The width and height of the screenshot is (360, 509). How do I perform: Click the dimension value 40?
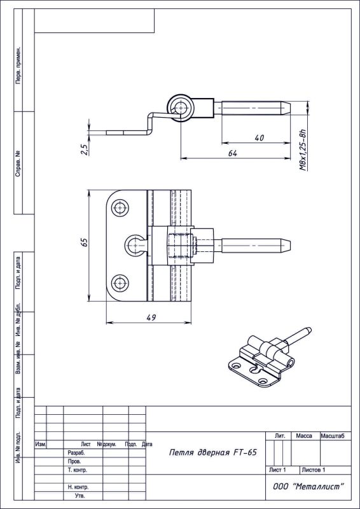tap(260, 138)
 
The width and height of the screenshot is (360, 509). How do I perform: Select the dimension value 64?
tap(232, 153)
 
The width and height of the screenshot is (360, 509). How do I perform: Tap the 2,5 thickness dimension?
tap(85, 150)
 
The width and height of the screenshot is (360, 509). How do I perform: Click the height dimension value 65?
tap(85, 243)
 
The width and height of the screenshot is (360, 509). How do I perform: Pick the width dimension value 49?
tap(149, 317)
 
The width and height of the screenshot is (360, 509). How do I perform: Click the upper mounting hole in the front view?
tap(120, 208)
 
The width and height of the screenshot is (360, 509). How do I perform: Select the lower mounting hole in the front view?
tap(120, 283)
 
